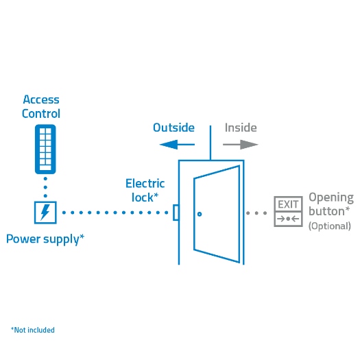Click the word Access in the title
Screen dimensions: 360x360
[41, 100]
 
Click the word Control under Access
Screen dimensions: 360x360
[41, 114]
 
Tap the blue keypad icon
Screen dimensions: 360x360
[45, 149]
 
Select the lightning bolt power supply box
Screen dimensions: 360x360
[45, 212]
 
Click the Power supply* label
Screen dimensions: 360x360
[45, 239]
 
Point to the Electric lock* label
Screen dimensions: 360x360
[145, 190]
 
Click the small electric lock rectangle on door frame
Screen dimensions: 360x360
[176, 213]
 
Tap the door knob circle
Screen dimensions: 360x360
[200, 214]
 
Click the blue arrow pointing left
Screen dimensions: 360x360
[177, 144]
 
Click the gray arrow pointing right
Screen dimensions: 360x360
[241, 144]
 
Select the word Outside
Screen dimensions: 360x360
[173, 128]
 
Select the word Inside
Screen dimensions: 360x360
[241, 128]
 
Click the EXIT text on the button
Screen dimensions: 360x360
[288, 204]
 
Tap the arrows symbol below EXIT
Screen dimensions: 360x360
[288, 219]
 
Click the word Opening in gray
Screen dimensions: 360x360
[331, 197]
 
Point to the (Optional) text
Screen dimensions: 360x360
[329, 226]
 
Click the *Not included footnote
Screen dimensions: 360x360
[33, 330]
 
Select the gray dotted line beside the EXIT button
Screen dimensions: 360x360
[257, 213]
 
